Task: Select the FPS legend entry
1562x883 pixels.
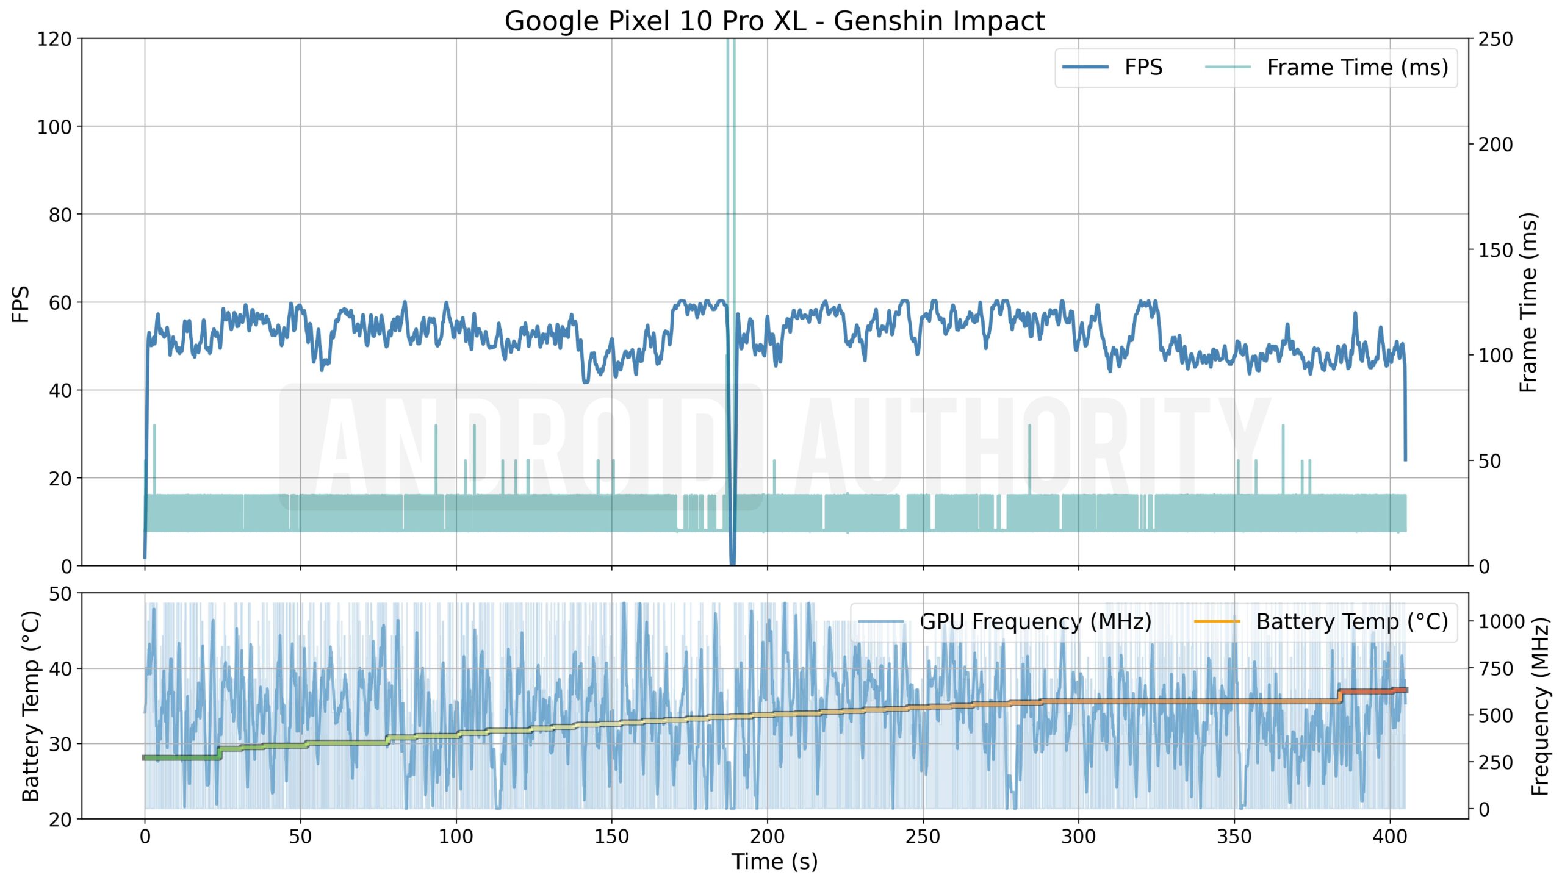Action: click(1143, 67)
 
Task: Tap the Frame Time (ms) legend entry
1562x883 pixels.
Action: click(1357, 67)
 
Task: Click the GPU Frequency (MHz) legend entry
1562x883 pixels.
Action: click(1035, 621)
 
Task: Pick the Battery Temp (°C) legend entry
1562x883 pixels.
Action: click(1351, 621)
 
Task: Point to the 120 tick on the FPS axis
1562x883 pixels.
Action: click(54, 40)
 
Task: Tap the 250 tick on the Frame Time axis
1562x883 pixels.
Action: click(1495, 40)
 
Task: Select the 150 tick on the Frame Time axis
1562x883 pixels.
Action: click(1495, 250)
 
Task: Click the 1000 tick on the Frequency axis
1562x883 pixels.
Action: click(1502, 621)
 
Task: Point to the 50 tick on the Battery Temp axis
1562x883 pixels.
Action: click(60, 594)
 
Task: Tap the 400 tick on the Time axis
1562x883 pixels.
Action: click(1389, 836)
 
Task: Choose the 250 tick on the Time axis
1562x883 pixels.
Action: click(923, 836)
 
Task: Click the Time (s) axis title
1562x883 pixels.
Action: click(774, 862)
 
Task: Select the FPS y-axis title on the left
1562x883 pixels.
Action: click(21, 303)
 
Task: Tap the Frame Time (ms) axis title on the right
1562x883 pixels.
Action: click(1528, 302)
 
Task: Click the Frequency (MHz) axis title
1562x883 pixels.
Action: click(1540, 706)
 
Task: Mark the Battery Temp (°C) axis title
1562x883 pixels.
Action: click(31, 706)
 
